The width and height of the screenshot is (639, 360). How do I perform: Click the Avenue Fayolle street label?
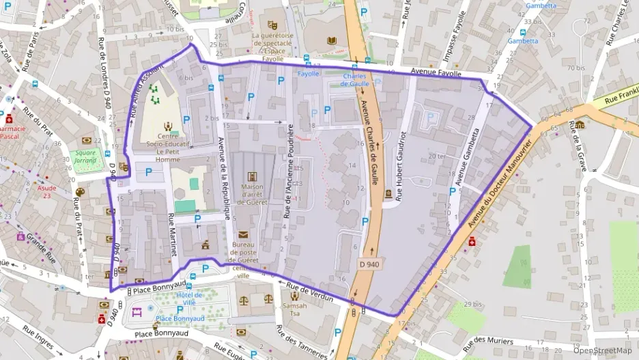point(437,72)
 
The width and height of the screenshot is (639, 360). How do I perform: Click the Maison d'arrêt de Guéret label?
point(252,197)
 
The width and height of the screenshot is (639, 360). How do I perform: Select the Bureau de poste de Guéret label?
point(252,251)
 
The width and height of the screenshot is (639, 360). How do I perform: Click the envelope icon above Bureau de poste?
point(244,234)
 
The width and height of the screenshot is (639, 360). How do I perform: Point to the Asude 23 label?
point(47,191)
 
